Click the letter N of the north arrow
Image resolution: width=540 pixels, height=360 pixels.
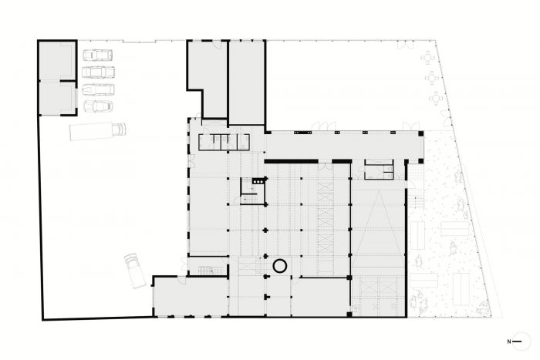point(508,341)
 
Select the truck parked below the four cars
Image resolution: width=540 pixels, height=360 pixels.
point(98,131)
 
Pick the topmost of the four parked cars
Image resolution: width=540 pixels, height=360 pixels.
point(97,55)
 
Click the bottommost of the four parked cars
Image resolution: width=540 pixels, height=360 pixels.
point(99,106)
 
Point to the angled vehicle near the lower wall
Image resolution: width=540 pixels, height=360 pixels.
point(135,271)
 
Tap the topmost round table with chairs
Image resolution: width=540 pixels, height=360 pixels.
point(428,58)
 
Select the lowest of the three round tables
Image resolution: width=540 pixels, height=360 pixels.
point(437,99)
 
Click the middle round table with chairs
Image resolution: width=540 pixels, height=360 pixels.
point(432,78)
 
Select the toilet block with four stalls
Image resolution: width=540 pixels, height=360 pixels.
point(224,142)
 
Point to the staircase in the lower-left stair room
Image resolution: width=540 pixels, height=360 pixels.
point(207,270)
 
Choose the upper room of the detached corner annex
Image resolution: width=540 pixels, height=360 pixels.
point(57,61)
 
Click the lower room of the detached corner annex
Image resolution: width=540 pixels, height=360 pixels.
point(57,98)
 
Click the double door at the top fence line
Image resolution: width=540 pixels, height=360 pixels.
point(405,45)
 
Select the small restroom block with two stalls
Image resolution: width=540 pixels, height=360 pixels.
point(379,170)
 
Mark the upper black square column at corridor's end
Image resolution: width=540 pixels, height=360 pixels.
point(421,133)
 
